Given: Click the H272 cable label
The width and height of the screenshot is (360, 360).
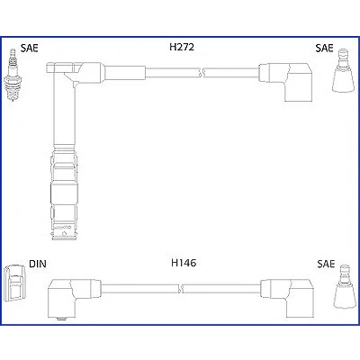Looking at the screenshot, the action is (182, 47).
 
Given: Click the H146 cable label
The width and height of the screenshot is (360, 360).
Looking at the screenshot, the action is (184, 263).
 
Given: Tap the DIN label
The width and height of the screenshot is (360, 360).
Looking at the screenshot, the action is (38, 264).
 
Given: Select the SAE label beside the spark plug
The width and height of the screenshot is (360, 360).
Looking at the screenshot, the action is (30, 48).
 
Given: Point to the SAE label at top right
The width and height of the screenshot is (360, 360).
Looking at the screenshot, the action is (324, 48).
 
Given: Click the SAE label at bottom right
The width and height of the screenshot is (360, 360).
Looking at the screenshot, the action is (326, 264).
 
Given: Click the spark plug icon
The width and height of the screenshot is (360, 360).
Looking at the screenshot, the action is (13, 75).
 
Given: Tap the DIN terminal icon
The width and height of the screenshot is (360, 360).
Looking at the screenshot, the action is (13, 283).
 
